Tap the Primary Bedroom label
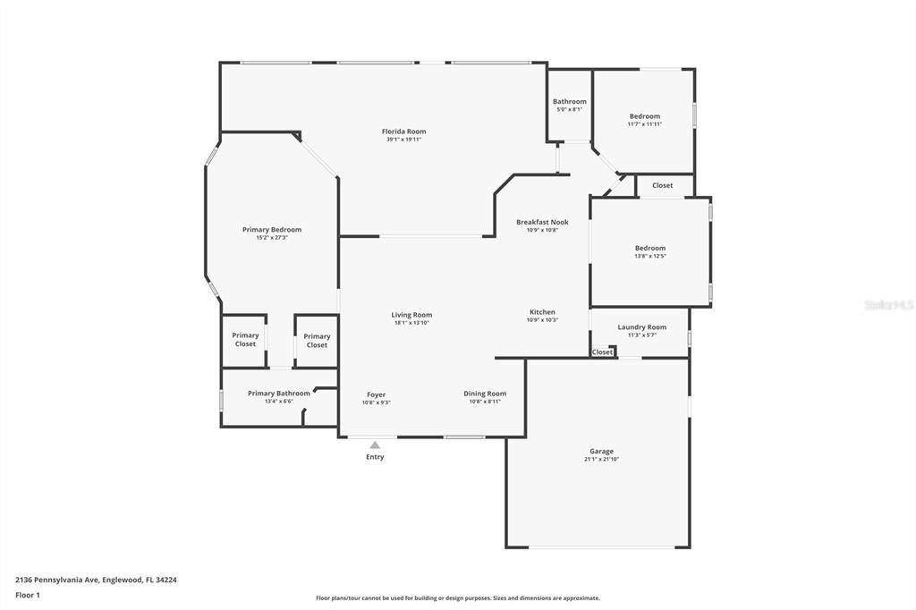272,230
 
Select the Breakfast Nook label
542,222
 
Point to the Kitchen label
542,312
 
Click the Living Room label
411,315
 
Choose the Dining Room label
485,394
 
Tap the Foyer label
376,394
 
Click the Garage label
601,452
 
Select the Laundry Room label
641,327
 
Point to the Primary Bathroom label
279,394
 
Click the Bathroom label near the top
570,102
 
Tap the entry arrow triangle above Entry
375,445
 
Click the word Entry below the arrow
375,457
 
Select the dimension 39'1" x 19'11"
403,140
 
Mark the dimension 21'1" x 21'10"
601,460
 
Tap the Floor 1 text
28,595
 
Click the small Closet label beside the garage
603,352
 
